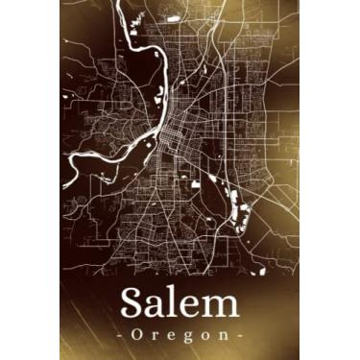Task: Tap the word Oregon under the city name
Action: click(x=180, y=336)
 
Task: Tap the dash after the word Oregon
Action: click(x=240, y=337)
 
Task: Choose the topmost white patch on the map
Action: click(x=174, y=16)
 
